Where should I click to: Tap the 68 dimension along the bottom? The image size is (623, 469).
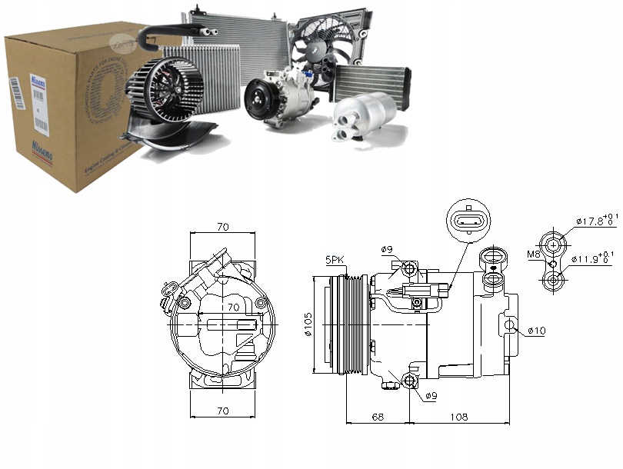[377, 417]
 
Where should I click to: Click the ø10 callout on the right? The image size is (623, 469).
[536, 331]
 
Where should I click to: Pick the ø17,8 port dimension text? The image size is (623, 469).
[595, 223]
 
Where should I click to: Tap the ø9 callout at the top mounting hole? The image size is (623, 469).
[386, 249]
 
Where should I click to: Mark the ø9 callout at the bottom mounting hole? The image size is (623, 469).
[433, 397]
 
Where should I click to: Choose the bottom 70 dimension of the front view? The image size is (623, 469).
[223, 411]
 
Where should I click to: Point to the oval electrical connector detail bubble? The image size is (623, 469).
[467, 220]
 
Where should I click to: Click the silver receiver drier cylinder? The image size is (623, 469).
[356, 119]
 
